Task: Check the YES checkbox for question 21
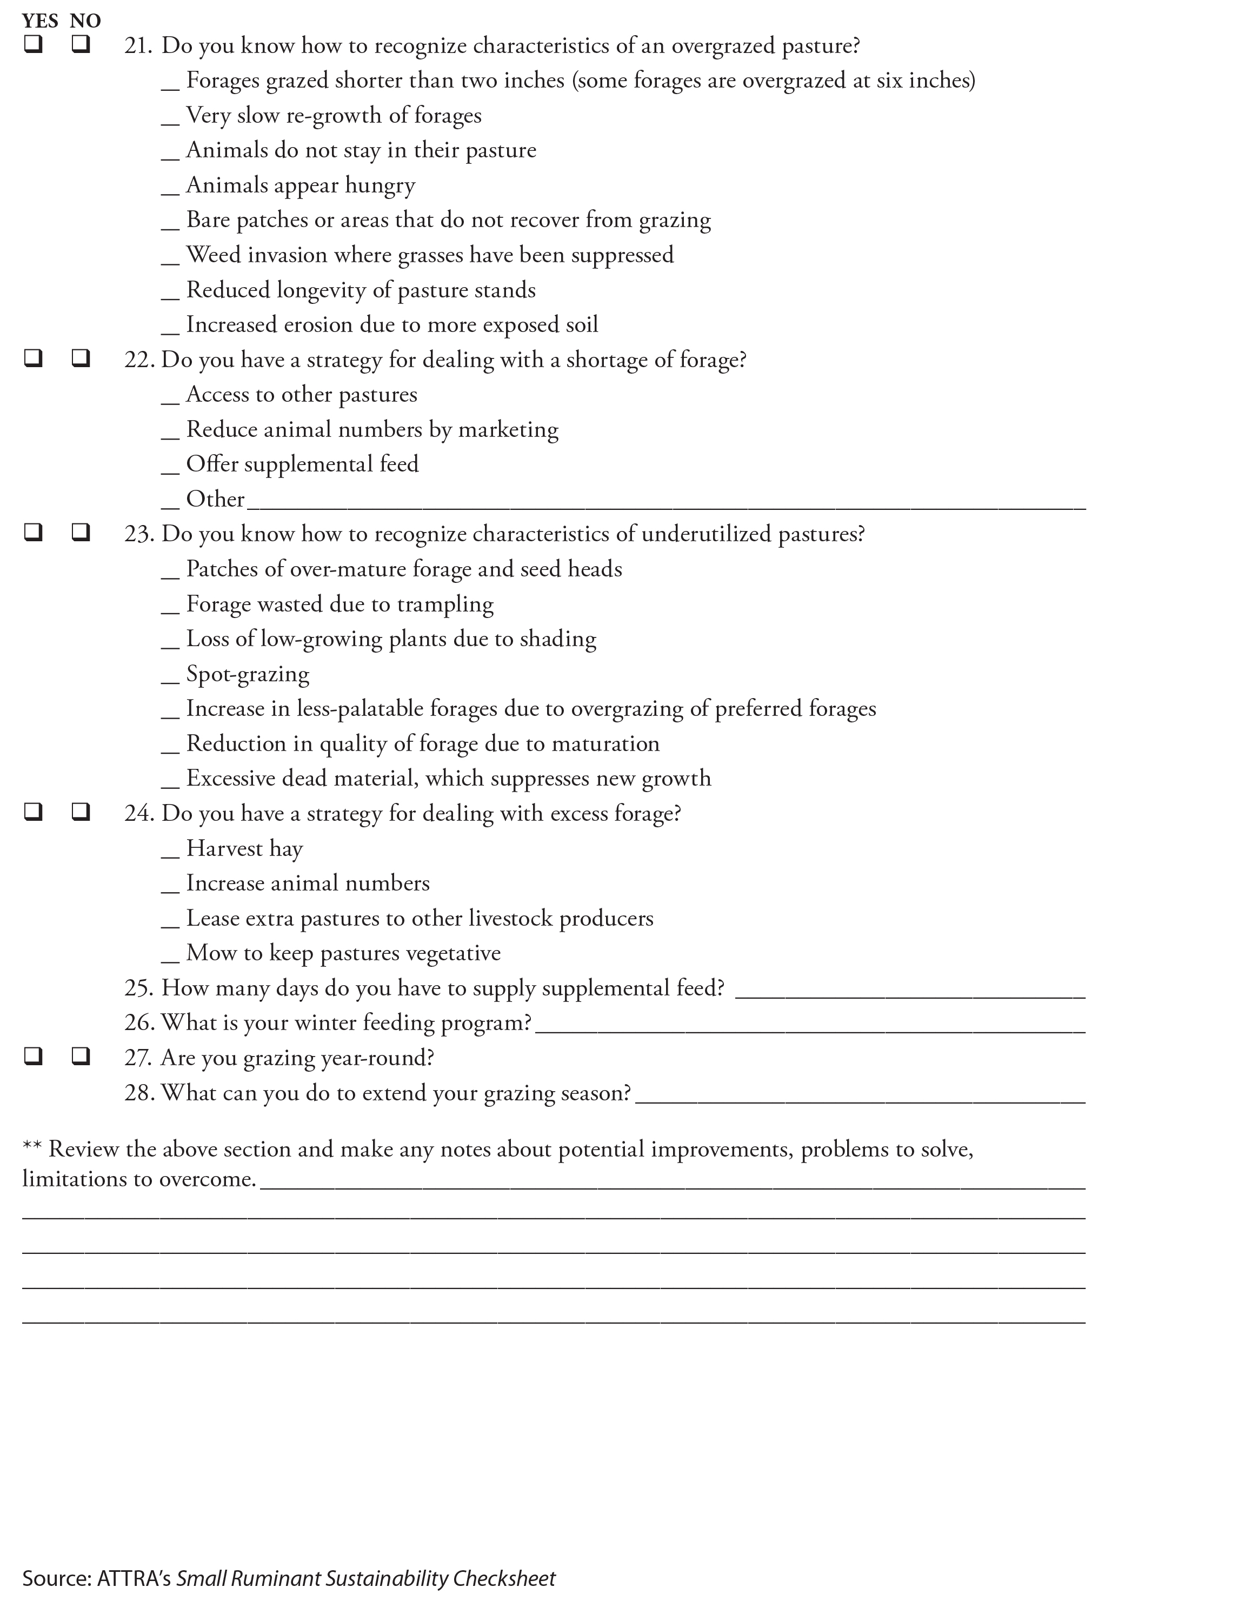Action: (33, 45)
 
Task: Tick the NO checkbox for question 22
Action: (81, 358)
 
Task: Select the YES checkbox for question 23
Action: (33, 532)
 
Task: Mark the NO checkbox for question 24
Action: (81, 812)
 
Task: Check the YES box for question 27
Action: (33, 1057)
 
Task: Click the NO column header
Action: (85, 21)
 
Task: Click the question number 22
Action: (139, 360)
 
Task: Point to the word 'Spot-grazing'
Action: (248, 674)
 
